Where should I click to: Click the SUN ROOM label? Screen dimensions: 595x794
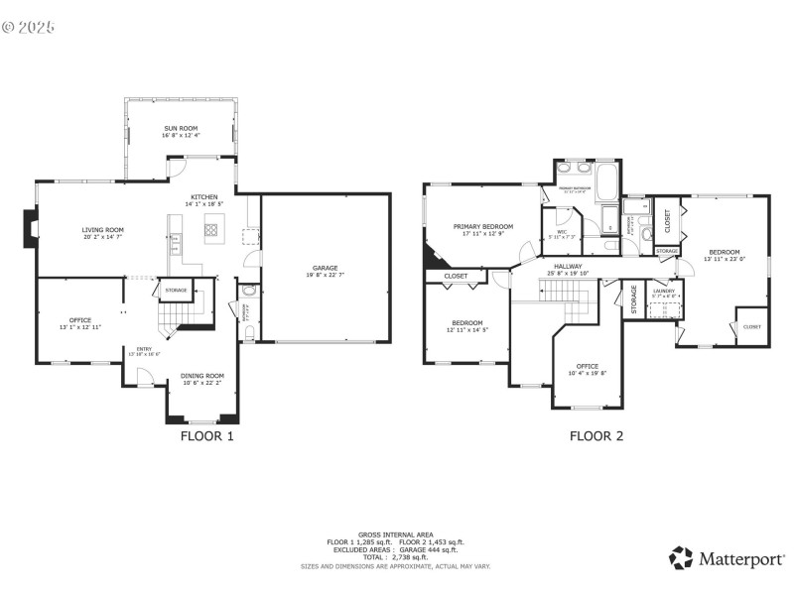[181, 129]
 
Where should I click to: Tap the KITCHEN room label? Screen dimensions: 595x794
[204, 196]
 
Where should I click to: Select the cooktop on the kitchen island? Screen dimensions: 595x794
[211, 230]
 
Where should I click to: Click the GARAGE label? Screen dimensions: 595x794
[326, 268]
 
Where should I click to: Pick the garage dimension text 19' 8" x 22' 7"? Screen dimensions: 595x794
[326, 276]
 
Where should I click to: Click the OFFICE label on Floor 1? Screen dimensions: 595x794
[80, 319]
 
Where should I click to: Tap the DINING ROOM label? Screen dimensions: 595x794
[202, 376]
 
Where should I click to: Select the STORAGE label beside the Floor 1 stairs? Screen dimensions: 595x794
[176, 290]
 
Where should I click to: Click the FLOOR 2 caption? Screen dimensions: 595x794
[595, 435]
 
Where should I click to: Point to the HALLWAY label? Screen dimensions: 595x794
[568, 266]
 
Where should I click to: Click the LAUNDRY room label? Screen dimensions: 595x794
[664, 292]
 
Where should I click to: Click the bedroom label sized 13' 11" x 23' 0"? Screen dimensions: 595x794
[724, 252]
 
